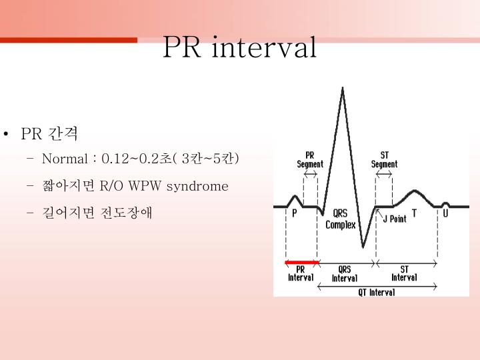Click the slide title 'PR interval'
(x=240, y=47)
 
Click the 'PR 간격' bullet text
(x=49, y=134)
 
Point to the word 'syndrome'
(x=197, y=186)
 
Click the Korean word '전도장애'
(x=126, y=213)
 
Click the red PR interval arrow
(x=301, y=262)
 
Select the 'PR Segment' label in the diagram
(x=310, y=160)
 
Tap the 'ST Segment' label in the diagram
(x=385, y=160)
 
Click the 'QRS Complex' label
(x=340, y=219)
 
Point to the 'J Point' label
(x=395, y=219)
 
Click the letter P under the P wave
(x=295, y=213)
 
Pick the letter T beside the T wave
(x=414, y=213)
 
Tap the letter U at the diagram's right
(x=445, y=213)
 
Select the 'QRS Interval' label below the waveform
(x=345, y=274)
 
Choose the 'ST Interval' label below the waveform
(x=405, y=273)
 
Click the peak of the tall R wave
(x=343, y=89)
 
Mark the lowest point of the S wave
(x=363, y=247)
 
